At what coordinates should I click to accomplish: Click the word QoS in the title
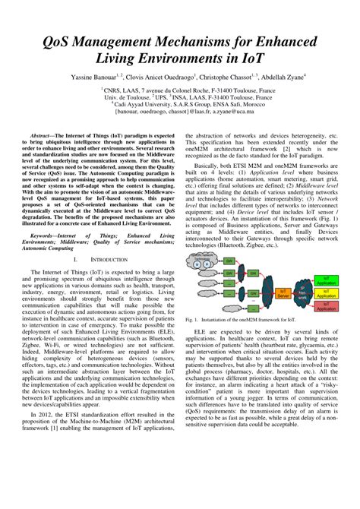click(x=65, y=39)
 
